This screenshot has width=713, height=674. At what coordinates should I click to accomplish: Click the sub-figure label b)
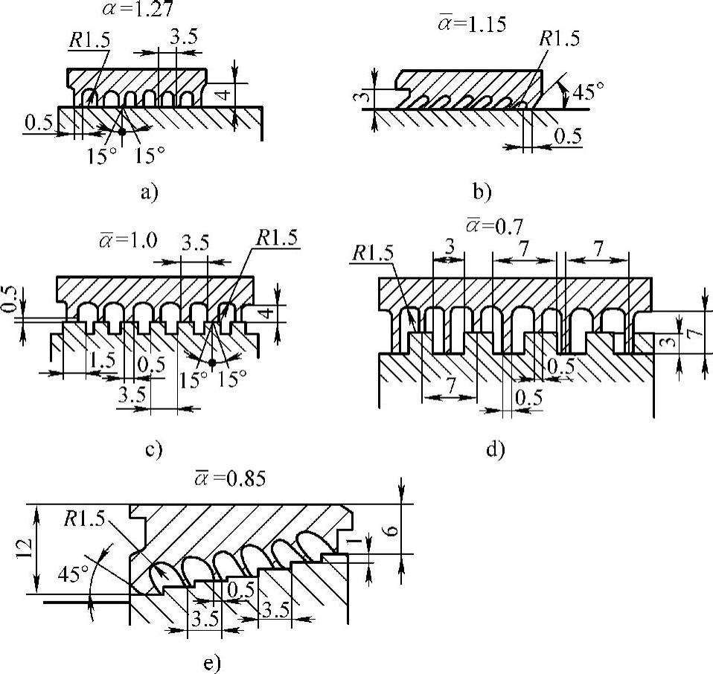click(482, 193)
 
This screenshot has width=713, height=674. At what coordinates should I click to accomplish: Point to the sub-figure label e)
click(211, 662)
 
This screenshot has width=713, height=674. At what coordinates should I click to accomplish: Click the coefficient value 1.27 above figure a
click(146, 10)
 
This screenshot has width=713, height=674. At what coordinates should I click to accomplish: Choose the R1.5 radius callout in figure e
click(86, 518)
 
